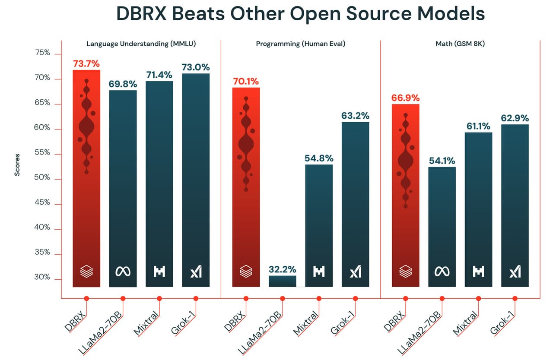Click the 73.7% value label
(86, 64)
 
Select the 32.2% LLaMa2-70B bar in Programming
(282, 281)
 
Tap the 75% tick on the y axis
(42, 53)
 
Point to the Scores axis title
(17, 165)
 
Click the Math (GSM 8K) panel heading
(460, 44)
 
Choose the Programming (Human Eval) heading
(301, 44)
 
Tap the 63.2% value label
(355, 116)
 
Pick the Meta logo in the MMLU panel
(123, 272)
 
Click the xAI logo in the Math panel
(515, 272)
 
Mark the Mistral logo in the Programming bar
(319, 272)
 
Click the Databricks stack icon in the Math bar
(405, 272)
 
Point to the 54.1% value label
(442, 161)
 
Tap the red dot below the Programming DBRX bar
(246, 298)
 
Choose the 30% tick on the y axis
(42, 278)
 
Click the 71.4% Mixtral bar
(159, 181)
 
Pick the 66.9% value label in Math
(405, 98)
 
